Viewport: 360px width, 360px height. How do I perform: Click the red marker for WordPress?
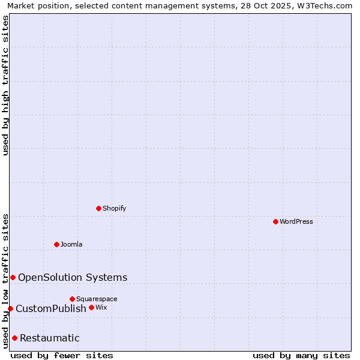click(x=275, y=221)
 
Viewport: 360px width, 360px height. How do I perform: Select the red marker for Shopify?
click(x=98, y=208)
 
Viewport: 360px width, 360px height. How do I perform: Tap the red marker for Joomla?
click(x=56, y=244)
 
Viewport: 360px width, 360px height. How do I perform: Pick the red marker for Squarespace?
click(x=72, y=299)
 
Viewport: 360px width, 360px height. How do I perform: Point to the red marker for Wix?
click(x=91, y=307)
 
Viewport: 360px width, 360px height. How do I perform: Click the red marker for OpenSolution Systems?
click(x=13, y=277)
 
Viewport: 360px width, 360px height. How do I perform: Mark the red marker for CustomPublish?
click(x=10, y=308)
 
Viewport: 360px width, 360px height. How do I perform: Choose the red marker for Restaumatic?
click(x=14, y=338)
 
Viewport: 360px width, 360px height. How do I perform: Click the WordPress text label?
click(x=296, y=221)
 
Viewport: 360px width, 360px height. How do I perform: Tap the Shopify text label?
click(x=114, y=208)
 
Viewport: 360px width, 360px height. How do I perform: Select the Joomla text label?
click(x=71, y=244)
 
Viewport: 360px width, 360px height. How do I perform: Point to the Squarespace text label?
click(x=97, y=299)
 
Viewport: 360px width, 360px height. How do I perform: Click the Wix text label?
click(x=101, y=307)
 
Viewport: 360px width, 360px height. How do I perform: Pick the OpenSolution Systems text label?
click(x=73, y=277)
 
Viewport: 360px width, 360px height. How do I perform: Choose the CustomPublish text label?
click(x=51, y=308)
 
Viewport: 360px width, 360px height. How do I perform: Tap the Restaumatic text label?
click(x=50, y=338)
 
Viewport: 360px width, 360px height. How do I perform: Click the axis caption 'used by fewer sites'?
click(x=62, y=355)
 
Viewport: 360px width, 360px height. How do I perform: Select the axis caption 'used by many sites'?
click(x=301, y=355)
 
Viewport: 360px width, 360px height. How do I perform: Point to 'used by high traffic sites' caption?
click(x=6, y=85)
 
